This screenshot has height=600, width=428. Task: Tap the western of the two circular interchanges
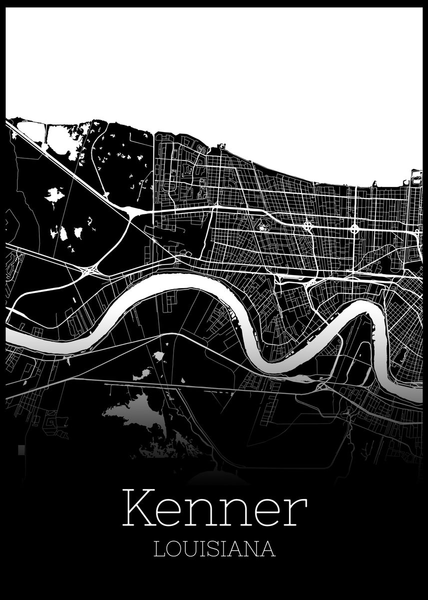point(307,226)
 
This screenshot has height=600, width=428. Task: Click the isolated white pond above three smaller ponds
point(53,194)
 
